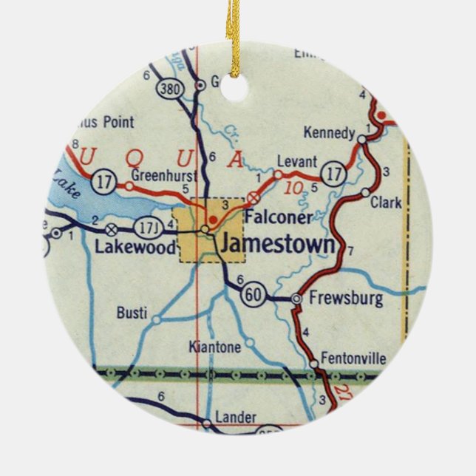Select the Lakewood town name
click(x=139, y=246)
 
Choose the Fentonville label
click(x=356, y=358)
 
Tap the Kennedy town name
click(x=330, y=133)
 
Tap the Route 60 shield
click(x=251, y=295)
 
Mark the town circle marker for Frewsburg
click(x=296, y=299)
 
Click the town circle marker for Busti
click(x=157, y=319)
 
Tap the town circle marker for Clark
click(x=365, y=193)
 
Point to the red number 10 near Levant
click(x=294, y=188)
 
